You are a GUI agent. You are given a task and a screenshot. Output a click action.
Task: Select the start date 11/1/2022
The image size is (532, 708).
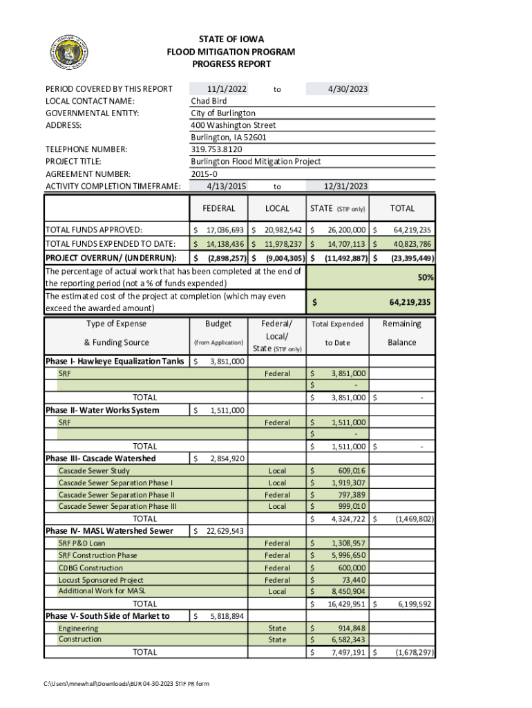[227, 88]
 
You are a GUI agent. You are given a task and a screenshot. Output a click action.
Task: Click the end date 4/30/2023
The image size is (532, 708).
[348, 88]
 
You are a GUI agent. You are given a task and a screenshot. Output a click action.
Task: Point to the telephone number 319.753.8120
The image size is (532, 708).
[216, 149]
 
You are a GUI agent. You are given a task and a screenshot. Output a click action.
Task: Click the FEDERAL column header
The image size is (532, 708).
[219, 208]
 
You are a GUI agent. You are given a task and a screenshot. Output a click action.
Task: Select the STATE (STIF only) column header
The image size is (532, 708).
[338, 208]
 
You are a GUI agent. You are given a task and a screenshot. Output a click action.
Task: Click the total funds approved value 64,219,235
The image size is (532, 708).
[412, 230]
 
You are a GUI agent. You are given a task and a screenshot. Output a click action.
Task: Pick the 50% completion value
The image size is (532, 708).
[426, 277]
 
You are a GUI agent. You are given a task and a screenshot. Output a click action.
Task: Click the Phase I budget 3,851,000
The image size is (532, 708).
[227, 361]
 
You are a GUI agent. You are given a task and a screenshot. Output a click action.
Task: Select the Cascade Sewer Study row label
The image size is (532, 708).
[94, 471]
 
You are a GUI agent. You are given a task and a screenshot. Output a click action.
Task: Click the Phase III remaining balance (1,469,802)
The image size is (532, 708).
[413, 519]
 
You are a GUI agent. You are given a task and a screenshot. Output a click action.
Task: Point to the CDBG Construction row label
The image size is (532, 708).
[91, 568]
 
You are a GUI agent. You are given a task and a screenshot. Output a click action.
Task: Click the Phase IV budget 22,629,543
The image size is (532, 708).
[224, 531]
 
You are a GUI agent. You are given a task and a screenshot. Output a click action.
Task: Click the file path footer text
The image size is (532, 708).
[126, 684]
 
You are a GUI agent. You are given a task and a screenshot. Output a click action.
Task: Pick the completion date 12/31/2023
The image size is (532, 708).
[345, 186]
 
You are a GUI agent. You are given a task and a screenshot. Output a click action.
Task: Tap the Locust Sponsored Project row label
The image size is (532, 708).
[101, 580]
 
